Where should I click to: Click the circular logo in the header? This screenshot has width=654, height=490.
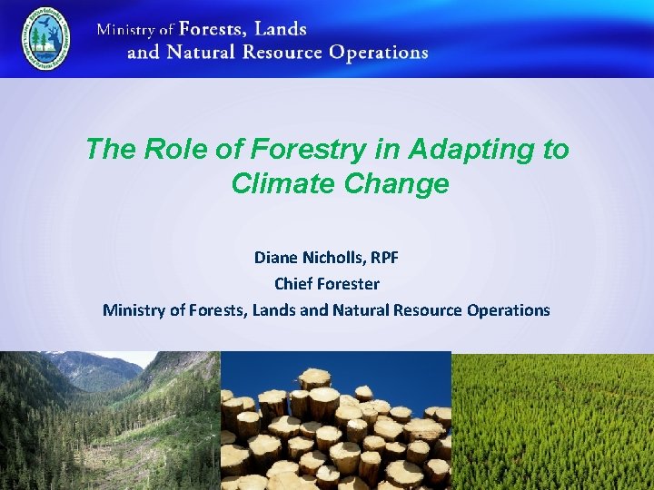(45, 40)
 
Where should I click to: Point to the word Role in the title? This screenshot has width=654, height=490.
(164, 150)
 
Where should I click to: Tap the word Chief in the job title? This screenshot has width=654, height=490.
(293, 284)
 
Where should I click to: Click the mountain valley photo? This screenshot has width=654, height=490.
(109, 420)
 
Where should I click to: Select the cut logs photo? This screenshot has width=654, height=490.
(336, 420)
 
